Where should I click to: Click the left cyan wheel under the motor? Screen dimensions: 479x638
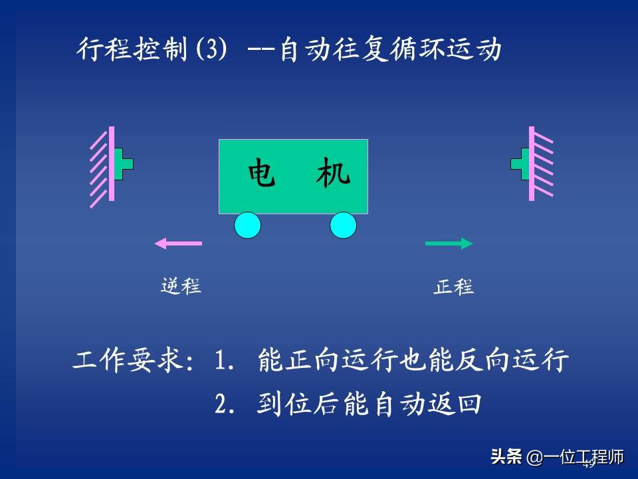tap(247, 225)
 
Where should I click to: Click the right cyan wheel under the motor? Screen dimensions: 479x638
tap(343, 225)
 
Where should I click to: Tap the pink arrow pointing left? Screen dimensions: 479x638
tap(178, 243)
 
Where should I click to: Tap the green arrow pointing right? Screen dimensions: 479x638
tap(449, 243)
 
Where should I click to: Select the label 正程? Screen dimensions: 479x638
tap(454, 287)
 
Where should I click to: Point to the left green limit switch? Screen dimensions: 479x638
tap(123, 164)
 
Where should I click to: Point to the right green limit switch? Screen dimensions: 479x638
tap(520, 164)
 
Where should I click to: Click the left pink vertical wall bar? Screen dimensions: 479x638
tap(112, 164)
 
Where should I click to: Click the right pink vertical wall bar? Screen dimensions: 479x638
tap(532, 164)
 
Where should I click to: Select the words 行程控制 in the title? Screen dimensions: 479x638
tap(132, 51)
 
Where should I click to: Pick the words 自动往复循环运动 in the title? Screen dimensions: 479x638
tap(390, 51)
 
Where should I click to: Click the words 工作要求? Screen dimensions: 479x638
tap(126, 361)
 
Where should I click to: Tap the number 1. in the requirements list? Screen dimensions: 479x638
tap(225, 361)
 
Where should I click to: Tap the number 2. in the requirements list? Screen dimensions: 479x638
tap(225, 404)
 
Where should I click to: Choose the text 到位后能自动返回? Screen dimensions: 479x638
tap(368, 404)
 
